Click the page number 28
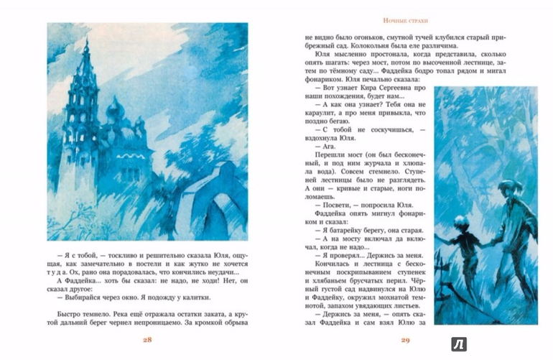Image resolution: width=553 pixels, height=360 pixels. (x=147, y=339)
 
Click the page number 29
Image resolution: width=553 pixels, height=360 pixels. (x=404, y=339)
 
